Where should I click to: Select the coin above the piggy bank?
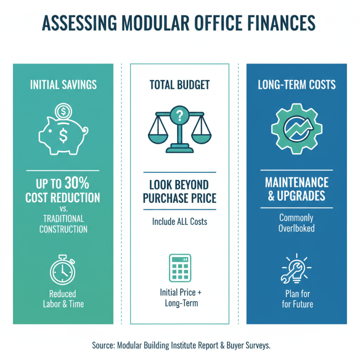click(x=63, y=110)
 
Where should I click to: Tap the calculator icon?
click(x=180, y=269)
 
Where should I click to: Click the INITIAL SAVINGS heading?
click(x=63, y=85)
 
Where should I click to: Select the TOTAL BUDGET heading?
click(x=180, y=85)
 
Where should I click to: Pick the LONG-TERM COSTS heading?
click(x=296, y=85)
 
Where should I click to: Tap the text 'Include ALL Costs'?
click(x=180, y=221)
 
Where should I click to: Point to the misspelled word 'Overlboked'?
click(x=296, y=228)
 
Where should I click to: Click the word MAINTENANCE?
click(x=296, y=183)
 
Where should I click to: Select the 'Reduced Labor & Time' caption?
click(x=63, y=299)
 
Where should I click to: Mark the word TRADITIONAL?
click(x=63, y=218)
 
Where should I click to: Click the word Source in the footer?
click(x=103, y=345)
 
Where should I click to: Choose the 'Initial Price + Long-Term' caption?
click(x=180, y=297)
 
